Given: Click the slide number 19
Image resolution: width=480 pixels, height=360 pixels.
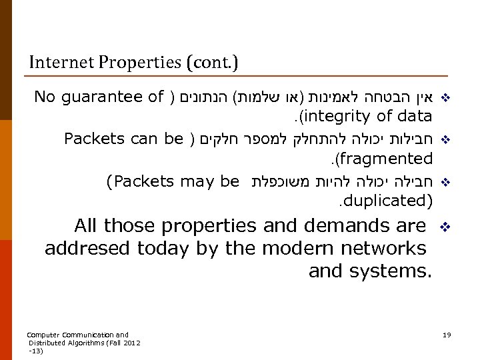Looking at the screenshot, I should pyautogui.click(x=447, y=334).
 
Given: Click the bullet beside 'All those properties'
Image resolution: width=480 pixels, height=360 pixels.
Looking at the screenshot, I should pyautogui.click(x=447, y=227).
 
